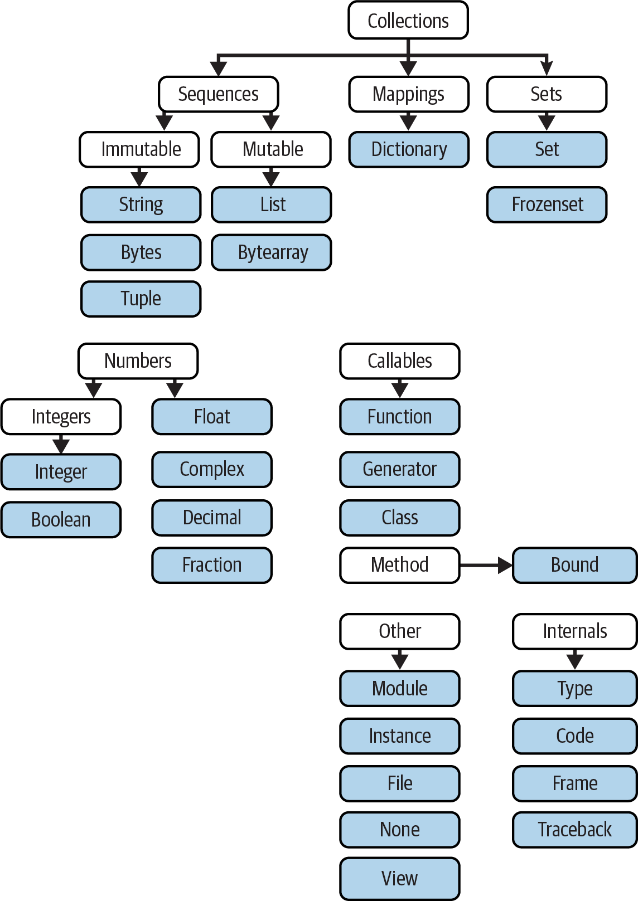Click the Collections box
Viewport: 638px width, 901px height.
(x=408, y=21)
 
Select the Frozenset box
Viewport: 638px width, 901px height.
(x=547, y=204)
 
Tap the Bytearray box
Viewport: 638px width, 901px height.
(x=272, y=252)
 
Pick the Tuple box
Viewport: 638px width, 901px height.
(x=141, y=299)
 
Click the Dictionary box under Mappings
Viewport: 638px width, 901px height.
(x=409, y=149)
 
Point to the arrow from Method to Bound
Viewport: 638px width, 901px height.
(x=486, y=565)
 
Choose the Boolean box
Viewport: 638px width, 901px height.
(x=61, y=519)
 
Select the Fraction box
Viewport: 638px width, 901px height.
(x=212, y=565)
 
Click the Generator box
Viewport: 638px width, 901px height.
(x=400, y=469)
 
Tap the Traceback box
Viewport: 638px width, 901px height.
(x=574, y=829)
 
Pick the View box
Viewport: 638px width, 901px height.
(x=400, y=878)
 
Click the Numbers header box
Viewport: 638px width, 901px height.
(x=138, y=361)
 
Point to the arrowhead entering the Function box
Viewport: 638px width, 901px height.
(x=400, y=390)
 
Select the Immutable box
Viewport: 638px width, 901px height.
(x=139, y=149)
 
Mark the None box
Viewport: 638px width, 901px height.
(x=400, y=829)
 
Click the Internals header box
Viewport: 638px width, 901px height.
(x=574, y=631)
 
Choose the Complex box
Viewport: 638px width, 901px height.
(x=212, y=469)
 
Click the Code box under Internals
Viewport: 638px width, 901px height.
(x=574, y=736)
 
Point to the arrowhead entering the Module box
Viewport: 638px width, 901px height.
(x=400, y=662)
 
